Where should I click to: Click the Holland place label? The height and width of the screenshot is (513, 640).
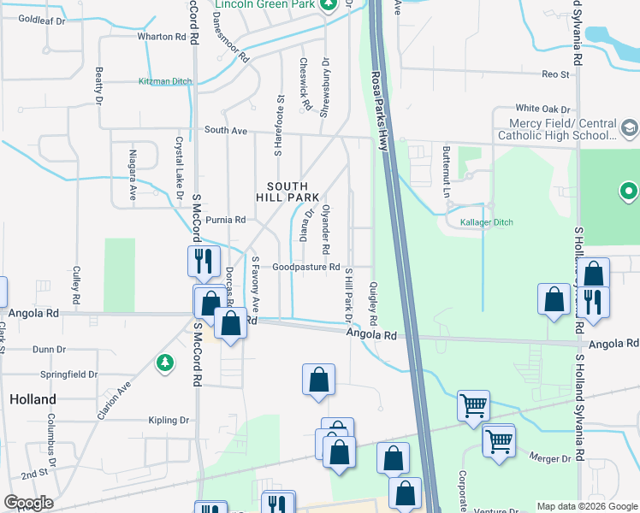[33, 399]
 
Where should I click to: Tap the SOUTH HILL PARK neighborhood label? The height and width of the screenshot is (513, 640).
[287, 192]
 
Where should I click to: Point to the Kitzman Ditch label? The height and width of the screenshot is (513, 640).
[165, 81]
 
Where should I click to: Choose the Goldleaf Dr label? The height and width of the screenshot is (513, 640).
[41, 19]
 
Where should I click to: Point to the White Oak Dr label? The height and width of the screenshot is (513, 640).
[542, 109]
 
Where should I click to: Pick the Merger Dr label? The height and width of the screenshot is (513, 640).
[549, 459]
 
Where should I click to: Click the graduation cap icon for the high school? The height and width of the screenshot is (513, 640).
[629, 128]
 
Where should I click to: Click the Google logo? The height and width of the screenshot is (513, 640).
[27, 502]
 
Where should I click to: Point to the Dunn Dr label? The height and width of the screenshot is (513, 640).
[50, 350]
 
